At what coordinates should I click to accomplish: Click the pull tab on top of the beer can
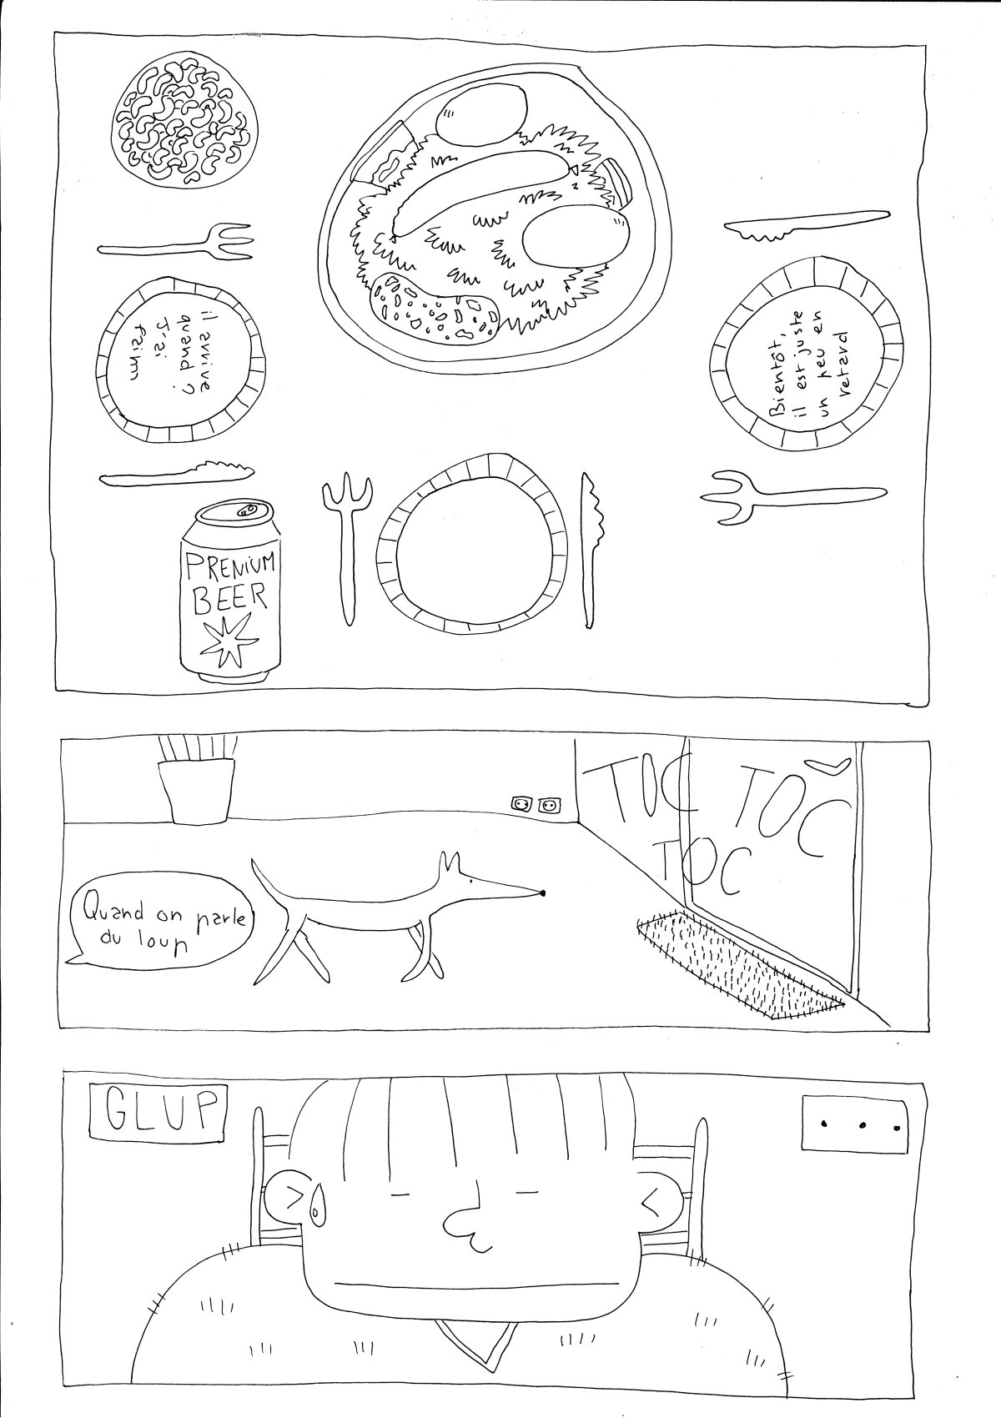coord(249,510)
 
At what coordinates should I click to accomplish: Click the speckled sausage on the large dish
coord(433,308)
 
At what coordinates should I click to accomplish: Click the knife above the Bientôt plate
coord(805,223)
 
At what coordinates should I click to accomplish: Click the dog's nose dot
coord(542,893)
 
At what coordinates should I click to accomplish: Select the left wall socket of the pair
coord(522,804)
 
